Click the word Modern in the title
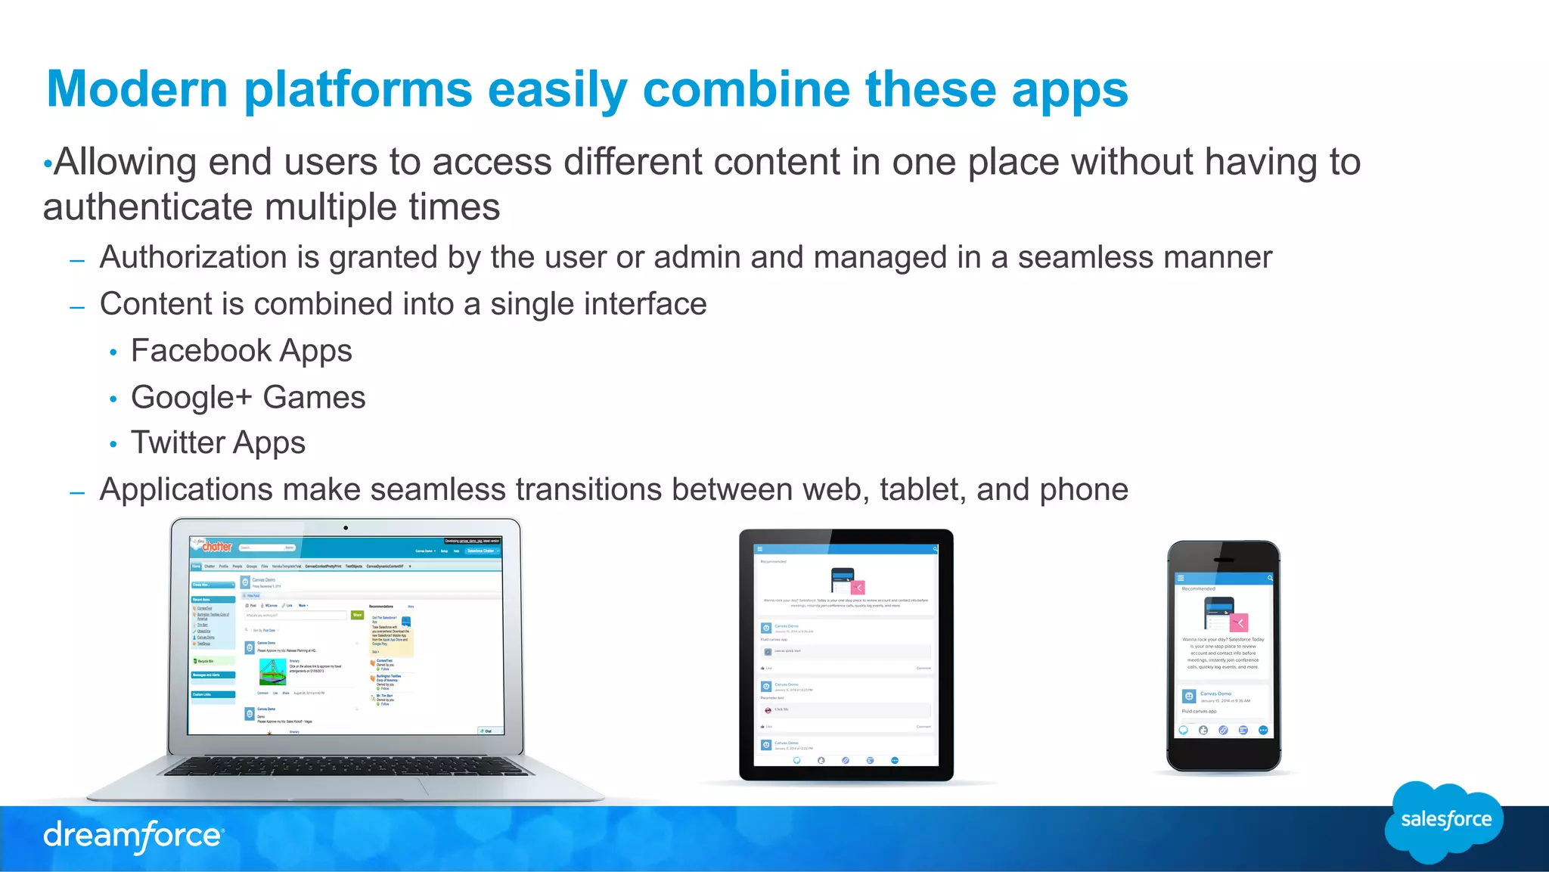point(137,89)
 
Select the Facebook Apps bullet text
point(241,351)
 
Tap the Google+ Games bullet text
point(247,397)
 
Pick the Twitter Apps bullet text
point(218,442)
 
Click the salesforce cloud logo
point(1445,821)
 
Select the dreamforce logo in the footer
point(132,836)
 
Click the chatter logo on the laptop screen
point(216,546)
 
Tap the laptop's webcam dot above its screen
point(346,528)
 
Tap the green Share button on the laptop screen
point(358,615)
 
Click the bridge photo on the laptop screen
point(272,671)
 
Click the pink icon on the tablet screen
point(858,588)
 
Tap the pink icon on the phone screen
point(1239,623)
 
